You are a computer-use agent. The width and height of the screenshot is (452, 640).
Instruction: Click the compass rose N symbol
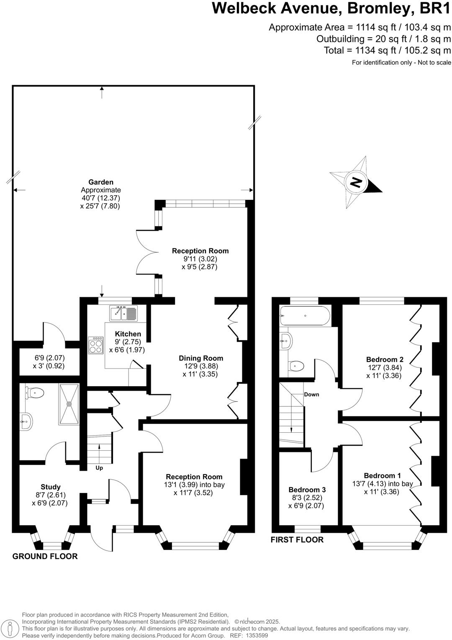coord(356,183)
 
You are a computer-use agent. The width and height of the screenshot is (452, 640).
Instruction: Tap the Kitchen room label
coord(128,334)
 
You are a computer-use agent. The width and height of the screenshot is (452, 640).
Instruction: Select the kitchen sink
coord(123,313)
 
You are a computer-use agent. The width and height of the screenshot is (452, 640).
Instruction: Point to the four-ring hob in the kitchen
coord(96,346)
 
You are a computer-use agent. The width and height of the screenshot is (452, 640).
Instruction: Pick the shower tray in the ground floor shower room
coord(69,404)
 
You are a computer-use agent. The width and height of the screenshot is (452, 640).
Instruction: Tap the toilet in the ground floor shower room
coord(35,393)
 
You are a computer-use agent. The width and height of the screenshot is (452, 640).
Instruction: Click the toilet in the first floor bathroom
coord(297,366)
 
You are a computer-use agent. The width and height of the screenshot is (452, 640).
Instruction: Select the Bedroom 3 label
coord(307,490)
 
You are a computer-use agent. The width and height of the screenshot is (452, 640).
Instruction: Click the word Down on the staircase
coord(311,395)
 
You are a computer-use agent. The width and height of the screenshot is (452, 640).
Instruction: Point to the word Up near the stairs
coord(99,468)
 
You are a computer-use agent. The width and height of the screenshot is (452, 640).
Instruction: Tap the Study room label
coord(51,487)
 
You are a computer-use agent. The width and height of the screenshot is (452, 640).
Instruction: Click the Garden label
coord(101,182)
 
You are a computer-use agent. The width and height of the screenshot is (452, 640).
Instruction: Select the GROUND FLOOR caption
coord(45,556)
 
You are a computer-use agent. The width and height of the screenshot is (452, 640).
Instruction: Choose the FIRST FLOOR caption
coord(297,539)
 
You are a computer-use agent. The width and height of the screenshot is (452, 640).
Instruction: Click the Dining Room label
coord(201,358)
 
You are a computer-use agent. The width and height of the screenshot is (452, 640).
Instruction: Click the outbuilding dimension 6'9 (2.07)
coord(49,358)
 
